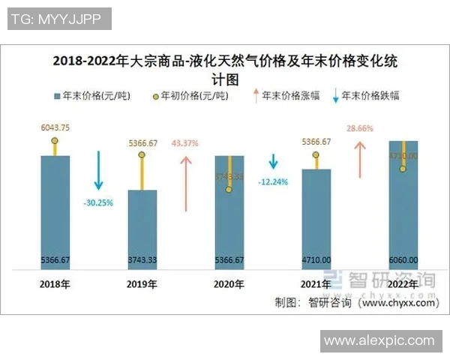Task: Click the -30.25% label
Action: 98,202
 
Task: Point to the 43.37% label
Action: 184,142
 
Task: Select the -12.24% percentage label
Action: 274,181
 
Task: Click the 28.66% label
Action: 360,129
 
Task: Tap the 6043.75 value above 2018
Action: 55,128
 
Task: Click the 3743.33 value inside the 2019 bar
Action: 142,260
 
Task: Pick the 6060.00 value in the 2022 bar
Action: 403,260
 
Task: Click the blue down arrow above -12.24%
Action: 274,162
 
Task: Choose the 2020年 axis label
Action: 229,284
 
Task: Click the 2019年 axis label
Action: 142,284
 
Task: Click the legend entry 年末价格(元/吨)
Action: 91,96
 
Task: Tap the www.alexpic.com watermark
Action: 379,340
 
